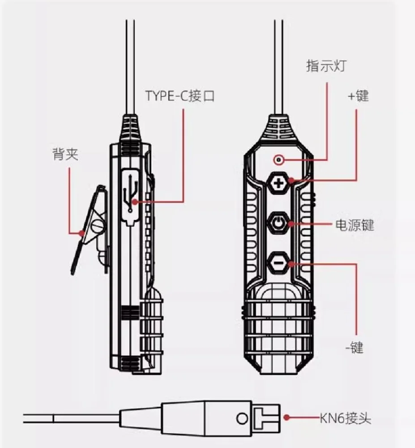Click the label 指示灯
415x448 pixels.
click(325, 67)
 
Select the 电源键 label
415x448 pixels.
click(355, 225)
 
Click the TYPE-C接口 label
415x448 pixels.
click(180, 95)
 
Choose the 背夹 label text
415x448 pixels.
click(65, 155)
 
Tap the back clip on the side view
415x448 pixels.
click(92, 228)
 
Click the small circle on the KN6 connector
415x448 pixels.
click(241, 419)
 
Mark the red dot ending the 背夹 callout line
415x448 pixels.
click(81, 233)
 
